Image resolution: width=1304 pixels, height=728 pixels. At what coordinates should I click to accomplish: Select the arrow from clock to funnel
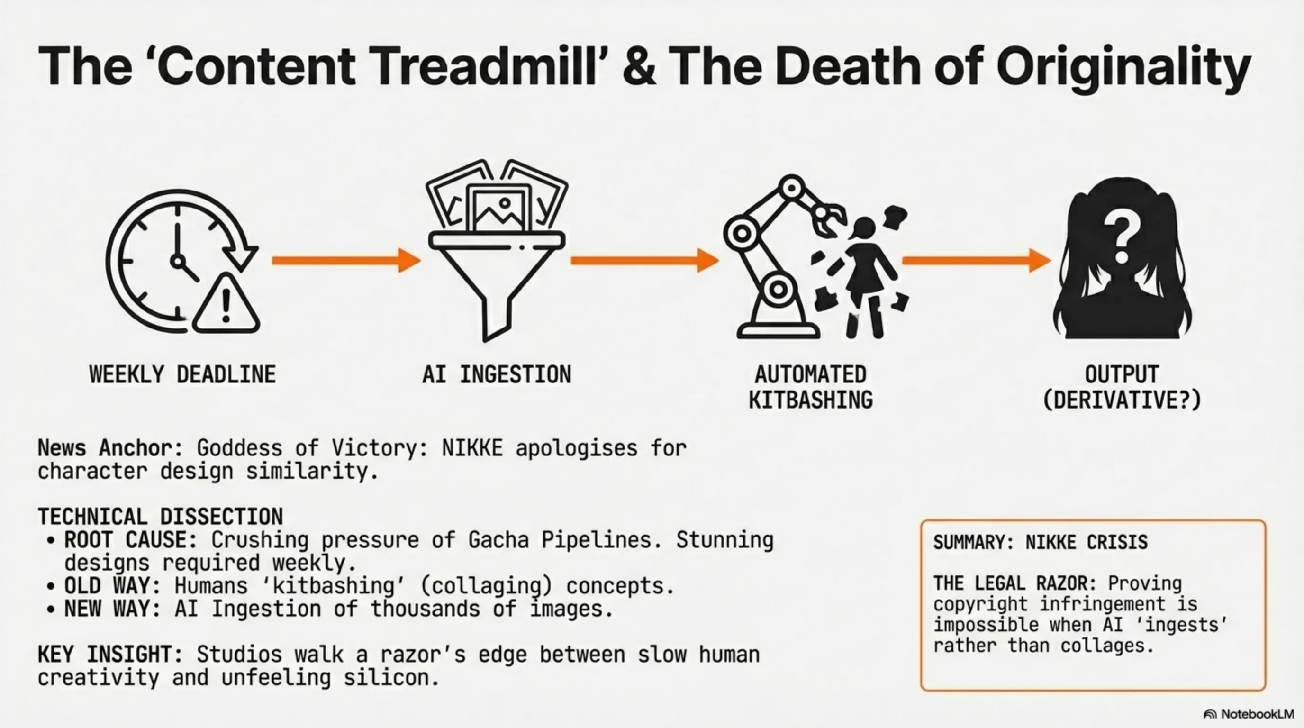346,260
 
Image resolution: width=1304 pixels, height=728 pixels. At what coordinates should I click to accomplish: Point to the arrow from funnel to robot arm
645,260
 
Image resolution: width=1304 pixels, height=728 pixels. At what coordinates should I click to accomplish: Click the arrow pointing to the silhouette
977,260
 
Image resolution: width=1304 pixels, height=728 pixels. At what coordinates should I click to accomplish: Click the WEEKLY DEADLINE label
183,374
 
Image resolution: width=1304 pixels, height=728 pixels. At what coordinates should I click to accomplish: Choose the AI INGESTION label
497,374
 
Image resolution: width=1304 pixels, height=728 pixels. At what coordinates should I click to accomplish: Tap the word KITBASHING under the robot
810,400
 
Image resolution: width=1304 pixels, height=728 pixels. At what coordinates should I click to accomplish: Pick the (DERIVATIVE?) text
1122,400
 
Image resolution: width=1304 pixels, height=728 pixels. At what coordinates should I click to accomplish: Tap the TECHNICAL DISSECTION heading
160,517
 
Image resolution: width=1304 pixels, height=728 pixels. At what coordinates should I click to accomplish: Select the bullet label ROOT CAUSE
130,540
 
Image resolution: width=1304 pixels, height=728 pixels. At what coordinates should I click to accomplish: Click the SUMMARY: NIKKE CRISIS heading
1040,542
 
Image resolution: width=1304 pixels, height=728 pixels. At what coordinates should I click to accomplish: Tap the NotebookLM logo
1248,714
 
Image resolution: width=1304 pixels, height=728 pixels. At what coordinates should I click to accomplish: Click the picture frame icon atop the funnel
498,208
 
